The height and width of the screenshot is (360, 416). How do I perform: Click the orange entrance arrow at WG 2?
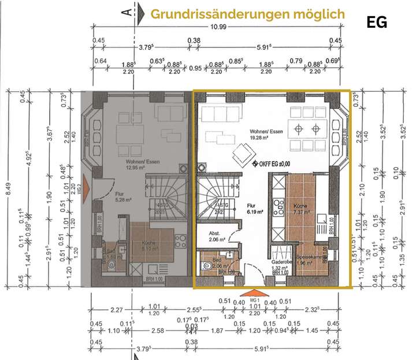click(x=86, y=187)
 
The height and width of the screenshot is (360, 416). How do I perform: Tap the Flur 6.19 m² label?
click(x=251, y=208)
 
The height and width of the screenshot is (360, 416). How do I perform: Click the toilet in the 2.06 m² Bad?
click(x=206, y=267)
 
